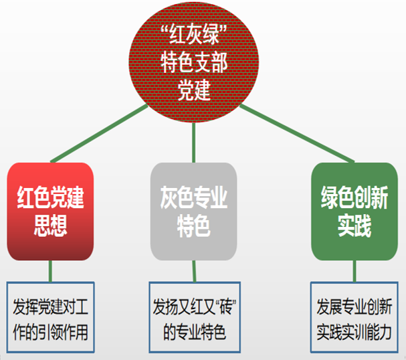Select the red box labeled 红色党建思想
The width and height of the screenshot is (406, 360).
[50, 211]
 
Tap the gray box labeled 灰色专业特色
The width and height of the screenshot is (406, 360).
[194, 211]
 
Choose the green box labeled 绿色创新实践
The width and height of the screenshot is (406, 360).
[354, 211]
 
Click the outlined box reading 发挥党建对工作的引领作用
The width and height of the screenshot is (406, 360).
[50, 317]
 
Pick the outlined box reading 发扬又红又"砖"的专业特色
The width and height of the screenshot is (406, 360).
[195, 317]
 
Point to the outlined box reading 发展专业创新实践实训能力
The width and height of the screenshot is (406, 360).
[354, 317]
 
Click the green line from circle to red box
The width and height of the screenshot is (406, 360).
[99, 133]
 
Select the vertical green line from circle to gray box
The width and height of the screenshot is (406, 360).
[194, 143]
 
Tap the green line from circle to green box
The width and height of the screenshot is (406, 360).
[297, 133]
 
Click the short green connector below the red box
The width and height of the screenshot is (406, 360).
[50, 271]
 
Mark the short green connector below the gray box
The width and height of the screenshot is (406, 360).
[194, 271]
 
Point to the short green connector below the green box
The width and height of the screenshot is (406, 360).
[354, 271]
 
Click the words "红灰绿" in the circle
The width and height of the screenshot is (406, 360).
[194, 34]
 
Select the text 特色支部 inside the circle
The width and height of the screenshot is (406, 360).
[194, 62]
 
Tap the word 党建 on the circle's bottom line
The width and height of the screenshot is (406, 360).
[194, 90]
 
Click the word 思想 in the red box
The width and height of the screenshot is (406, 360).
[50, 226]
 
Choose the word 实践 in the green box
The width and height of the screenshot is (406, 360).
[354, 226]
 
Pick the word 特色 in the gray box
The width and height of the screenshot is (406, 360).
[194, 226]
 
